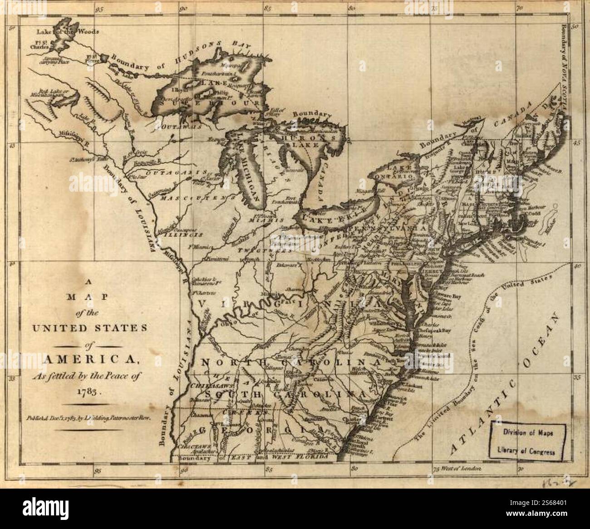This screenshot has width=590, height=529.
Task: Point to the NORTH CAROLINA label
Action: pyautogui.click(x=290, y=363)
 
